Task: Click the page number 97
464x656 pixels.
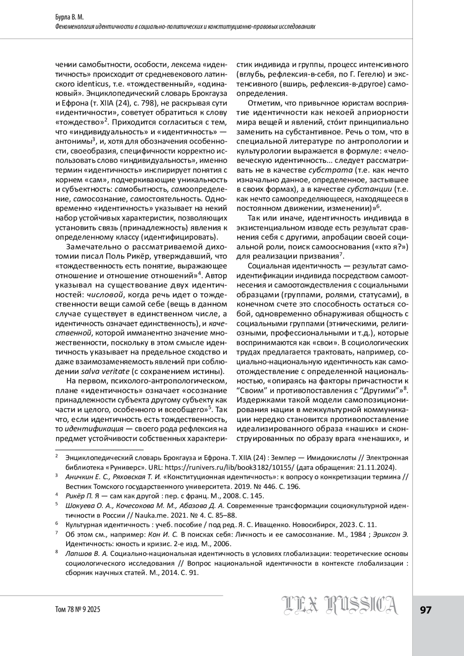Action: (425, 610)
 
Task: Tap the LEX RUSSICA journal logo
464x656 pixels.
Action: (339, 605)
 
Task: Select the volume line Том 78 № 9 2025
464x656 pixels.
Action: (78, 610)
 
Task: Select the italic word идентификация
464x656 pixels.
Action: (94, 429)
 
